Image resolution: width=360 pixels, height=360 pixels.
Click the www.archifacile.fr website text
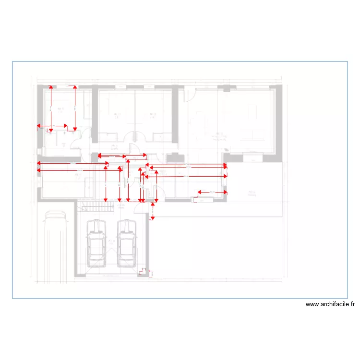(330, 304)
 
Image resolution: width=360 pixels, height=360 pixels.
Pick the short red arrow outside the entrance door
(153, 212)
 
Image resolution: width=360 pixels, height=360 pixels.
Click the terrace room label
(251, 193)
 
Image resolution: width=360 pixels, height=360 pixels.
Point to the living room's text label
(221, 135)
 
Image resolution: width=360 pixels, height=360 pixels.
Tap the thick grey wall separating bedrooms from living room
(175, 120)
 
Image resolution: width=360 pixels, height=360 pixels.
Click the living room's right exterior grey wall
(277, 120)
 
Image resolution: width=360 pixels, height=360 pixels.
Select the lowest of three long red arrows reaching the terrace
(186, 176)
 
